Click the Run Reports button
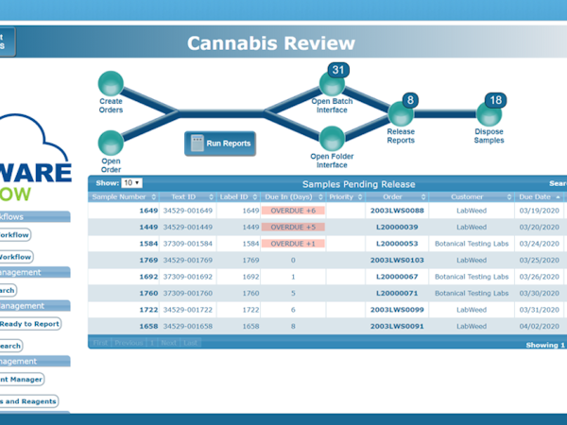pos(219,144)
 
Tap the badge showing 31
pos(337,69)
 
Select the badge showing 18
pos(495,100)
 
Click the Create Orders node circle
pos(111,82)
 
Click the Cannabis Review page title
pos(271,43)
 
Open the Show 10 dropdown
pos(131,182)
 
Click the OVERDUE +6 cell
pos(293,211)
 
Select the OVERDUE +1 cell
pos(293,244)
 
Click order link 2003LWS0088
pos(397,211)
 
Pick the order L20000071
pos(397,293)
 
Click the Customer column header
pos(467,196)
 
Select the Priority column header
pos(341,196)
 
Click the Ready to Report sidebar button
pos(29,323)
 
